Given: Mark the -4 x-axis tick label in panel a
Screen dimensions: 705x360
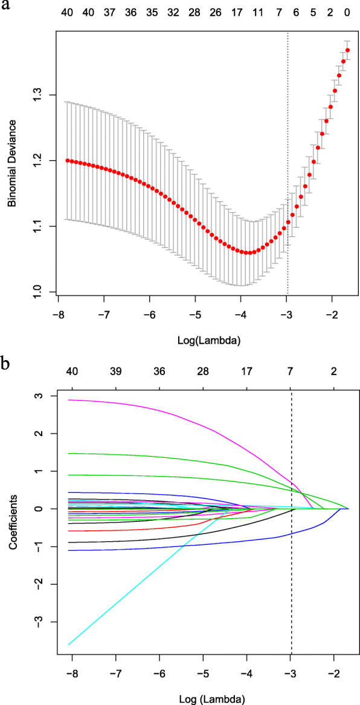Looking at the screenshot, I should pyautogui.click(x=240, y=315).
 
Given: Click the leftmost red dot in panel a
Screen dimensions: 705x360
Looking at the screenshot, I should pyautogui.click(x=68, y=161).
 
